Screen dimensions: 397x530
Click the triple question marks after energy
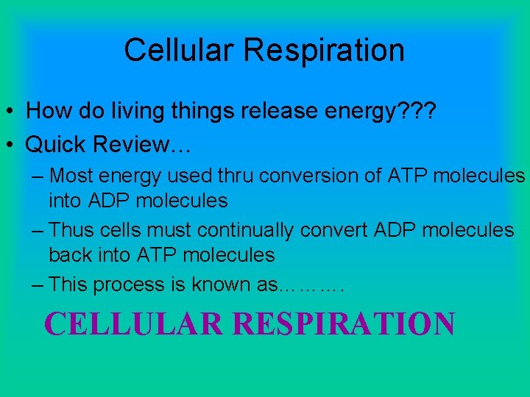click(416, 111)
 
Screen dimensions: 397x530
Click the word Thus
click(72, 230)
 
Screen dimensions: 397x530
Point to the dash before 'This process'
click(38, 285)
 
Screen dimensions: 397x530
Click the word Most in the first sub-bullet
click(74, 176)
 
